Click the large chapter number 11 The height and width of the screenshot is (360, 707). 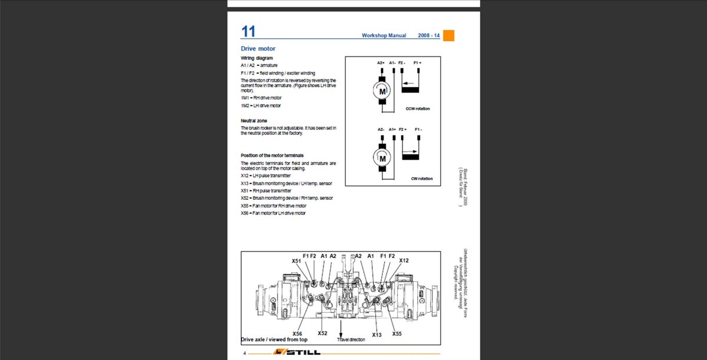pyautogui.click(x=248, y=32)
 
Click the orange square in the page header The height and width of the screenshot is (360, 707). pyautogui.click(x=448, y=35)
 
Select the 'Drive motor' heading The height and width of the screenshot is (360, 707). pyautogui.click(x=258, y=48)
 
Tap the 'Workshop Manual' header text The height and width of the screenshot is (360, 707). pyautogui.click(x=384, y=36)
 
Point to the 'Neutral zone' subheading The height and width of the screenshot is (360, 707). pyautogui.click(x=254, y=121)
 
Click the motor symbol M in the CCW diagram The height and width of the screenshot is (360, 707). pyautogui.click(x=382, y=91)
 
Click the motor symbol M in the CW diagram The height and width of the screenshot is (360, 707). pyautogui.click(x=382, y=158)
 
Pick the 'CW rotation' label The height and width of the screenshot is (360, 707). pyautogui.click(x=422, y=179)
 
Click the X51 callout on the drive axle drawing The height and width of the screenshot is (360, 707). pyautogui.click(x=296, y=260)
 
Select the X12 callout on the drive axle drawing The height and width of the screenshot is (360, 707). pyautogui.click(x=404, y=260)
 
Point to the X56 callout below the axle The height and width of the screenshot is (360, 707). pyautogui.click(x=297, y=333)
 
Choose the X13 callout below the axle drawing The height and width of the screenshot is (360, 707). pyautogui.click(x=376, y=335)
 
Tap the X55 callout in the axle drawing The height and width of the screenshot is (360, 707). pyautogui.click(x=397, y=333)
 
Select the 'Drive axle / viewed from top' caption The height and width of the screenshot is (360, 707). pyautogui.click(x=275, y=340)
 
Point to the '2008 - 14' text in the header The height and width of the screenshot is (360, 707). pyautogui.click(x=428, y=36)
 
